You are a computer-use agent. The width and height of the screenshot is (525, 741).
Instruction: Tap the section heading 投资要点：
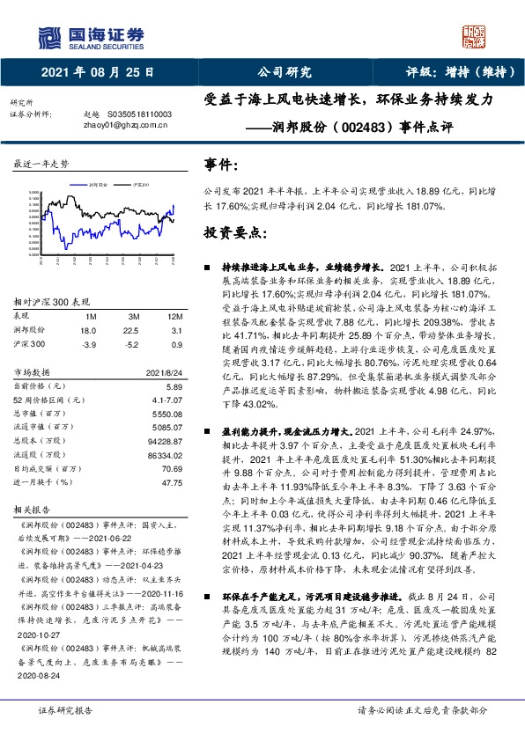[x=235, y=233]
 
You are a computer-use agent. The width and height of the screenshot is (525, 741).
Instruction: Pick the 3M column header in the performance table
[x=134, y=316]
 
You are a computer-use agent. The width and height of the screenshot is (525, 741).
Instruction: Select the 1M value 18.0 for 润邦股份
[x=88, y=329]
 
